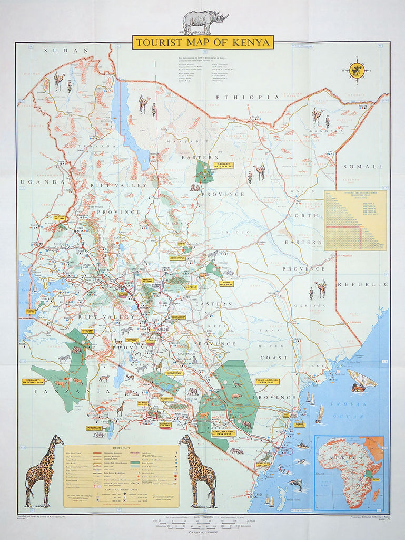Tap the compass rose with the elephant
[x=357, y=71]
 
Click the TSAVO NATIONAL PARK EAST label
[x=265, y=381]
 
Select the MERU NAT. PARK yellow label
[x=228, y=283]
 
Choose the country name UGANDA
[x=35, y=182]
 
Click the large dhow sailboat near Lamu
[x=362, y=381]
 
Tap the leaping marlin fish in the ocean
[x=295, y=483]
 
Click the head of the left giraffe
[x=57, y=439]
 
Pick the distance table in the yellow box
[x=355, y=220]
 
